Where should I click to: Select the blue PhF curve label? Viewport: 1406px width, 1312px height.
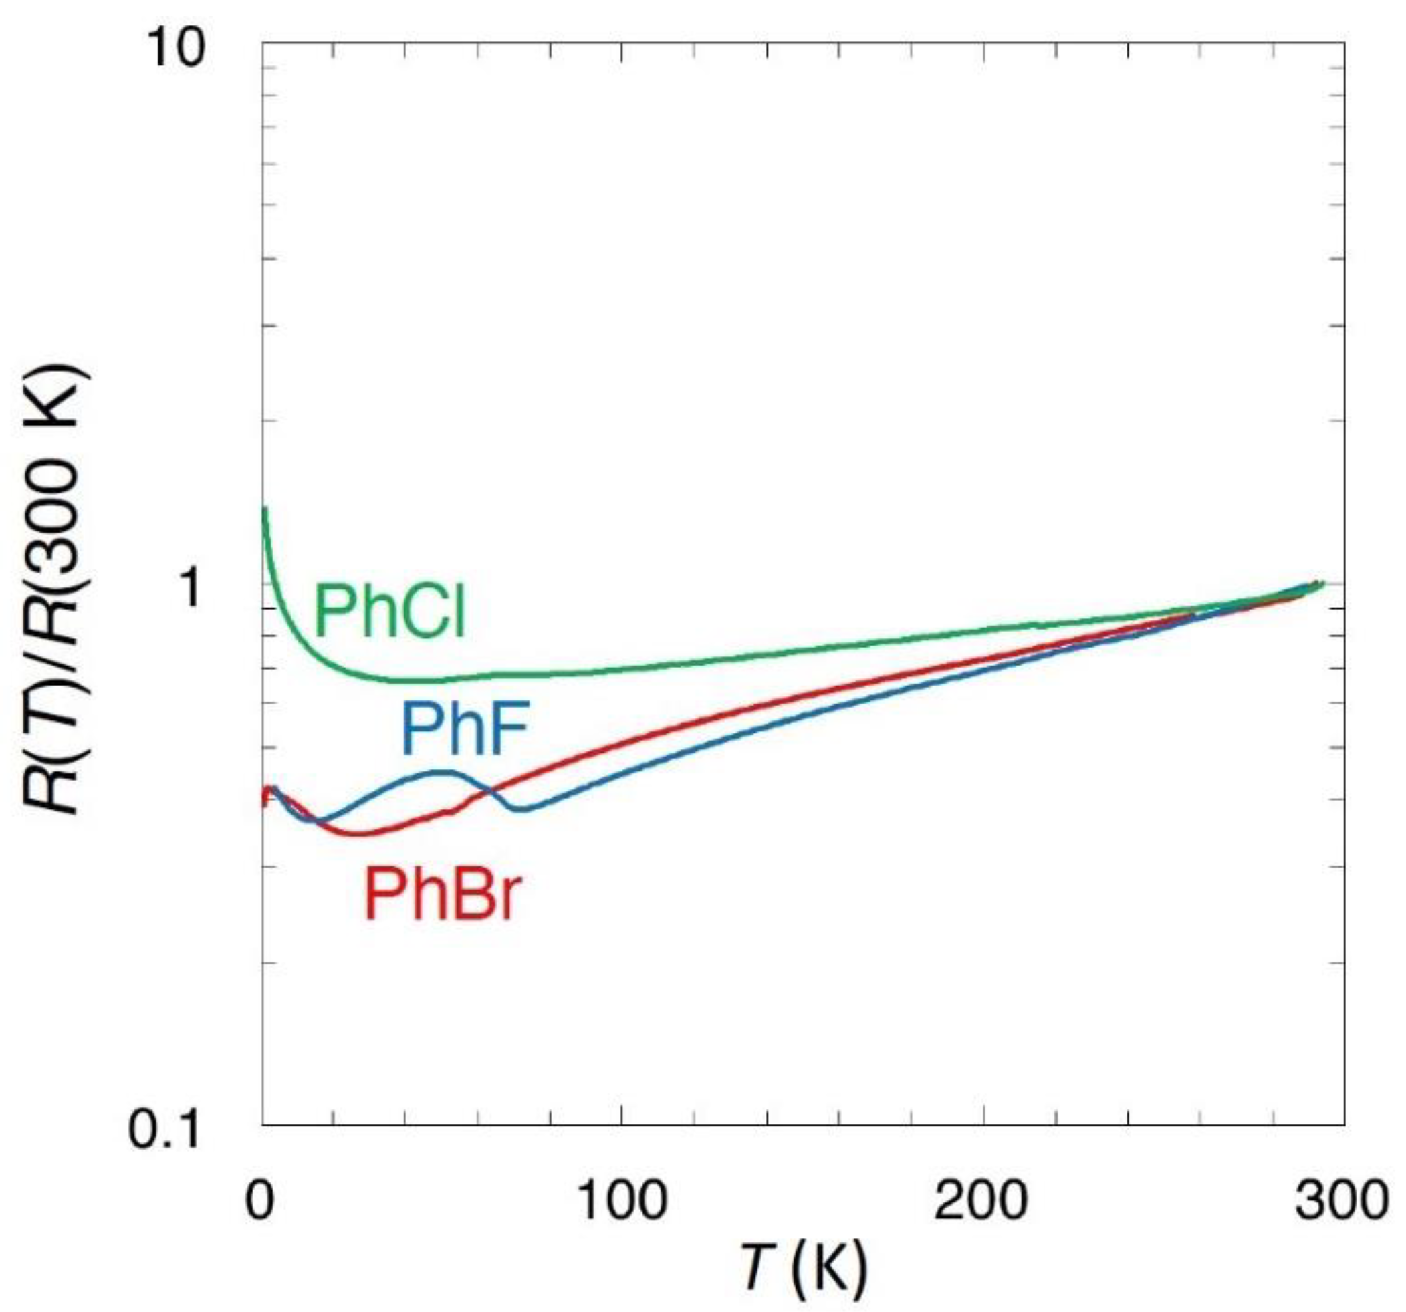(x=465, y=729)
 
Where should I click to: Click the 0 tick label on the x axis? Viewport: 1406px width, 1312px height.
(x=259, y=1200)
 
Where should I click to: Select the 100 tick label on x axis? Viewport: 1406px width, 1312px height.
(x=622, y=1200)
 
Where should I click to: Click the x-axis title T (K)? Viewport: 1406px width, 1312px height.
(x=804, y=1268)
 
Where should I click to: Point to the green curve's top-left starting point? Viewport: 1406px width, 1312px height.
(x=265, y=508)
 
